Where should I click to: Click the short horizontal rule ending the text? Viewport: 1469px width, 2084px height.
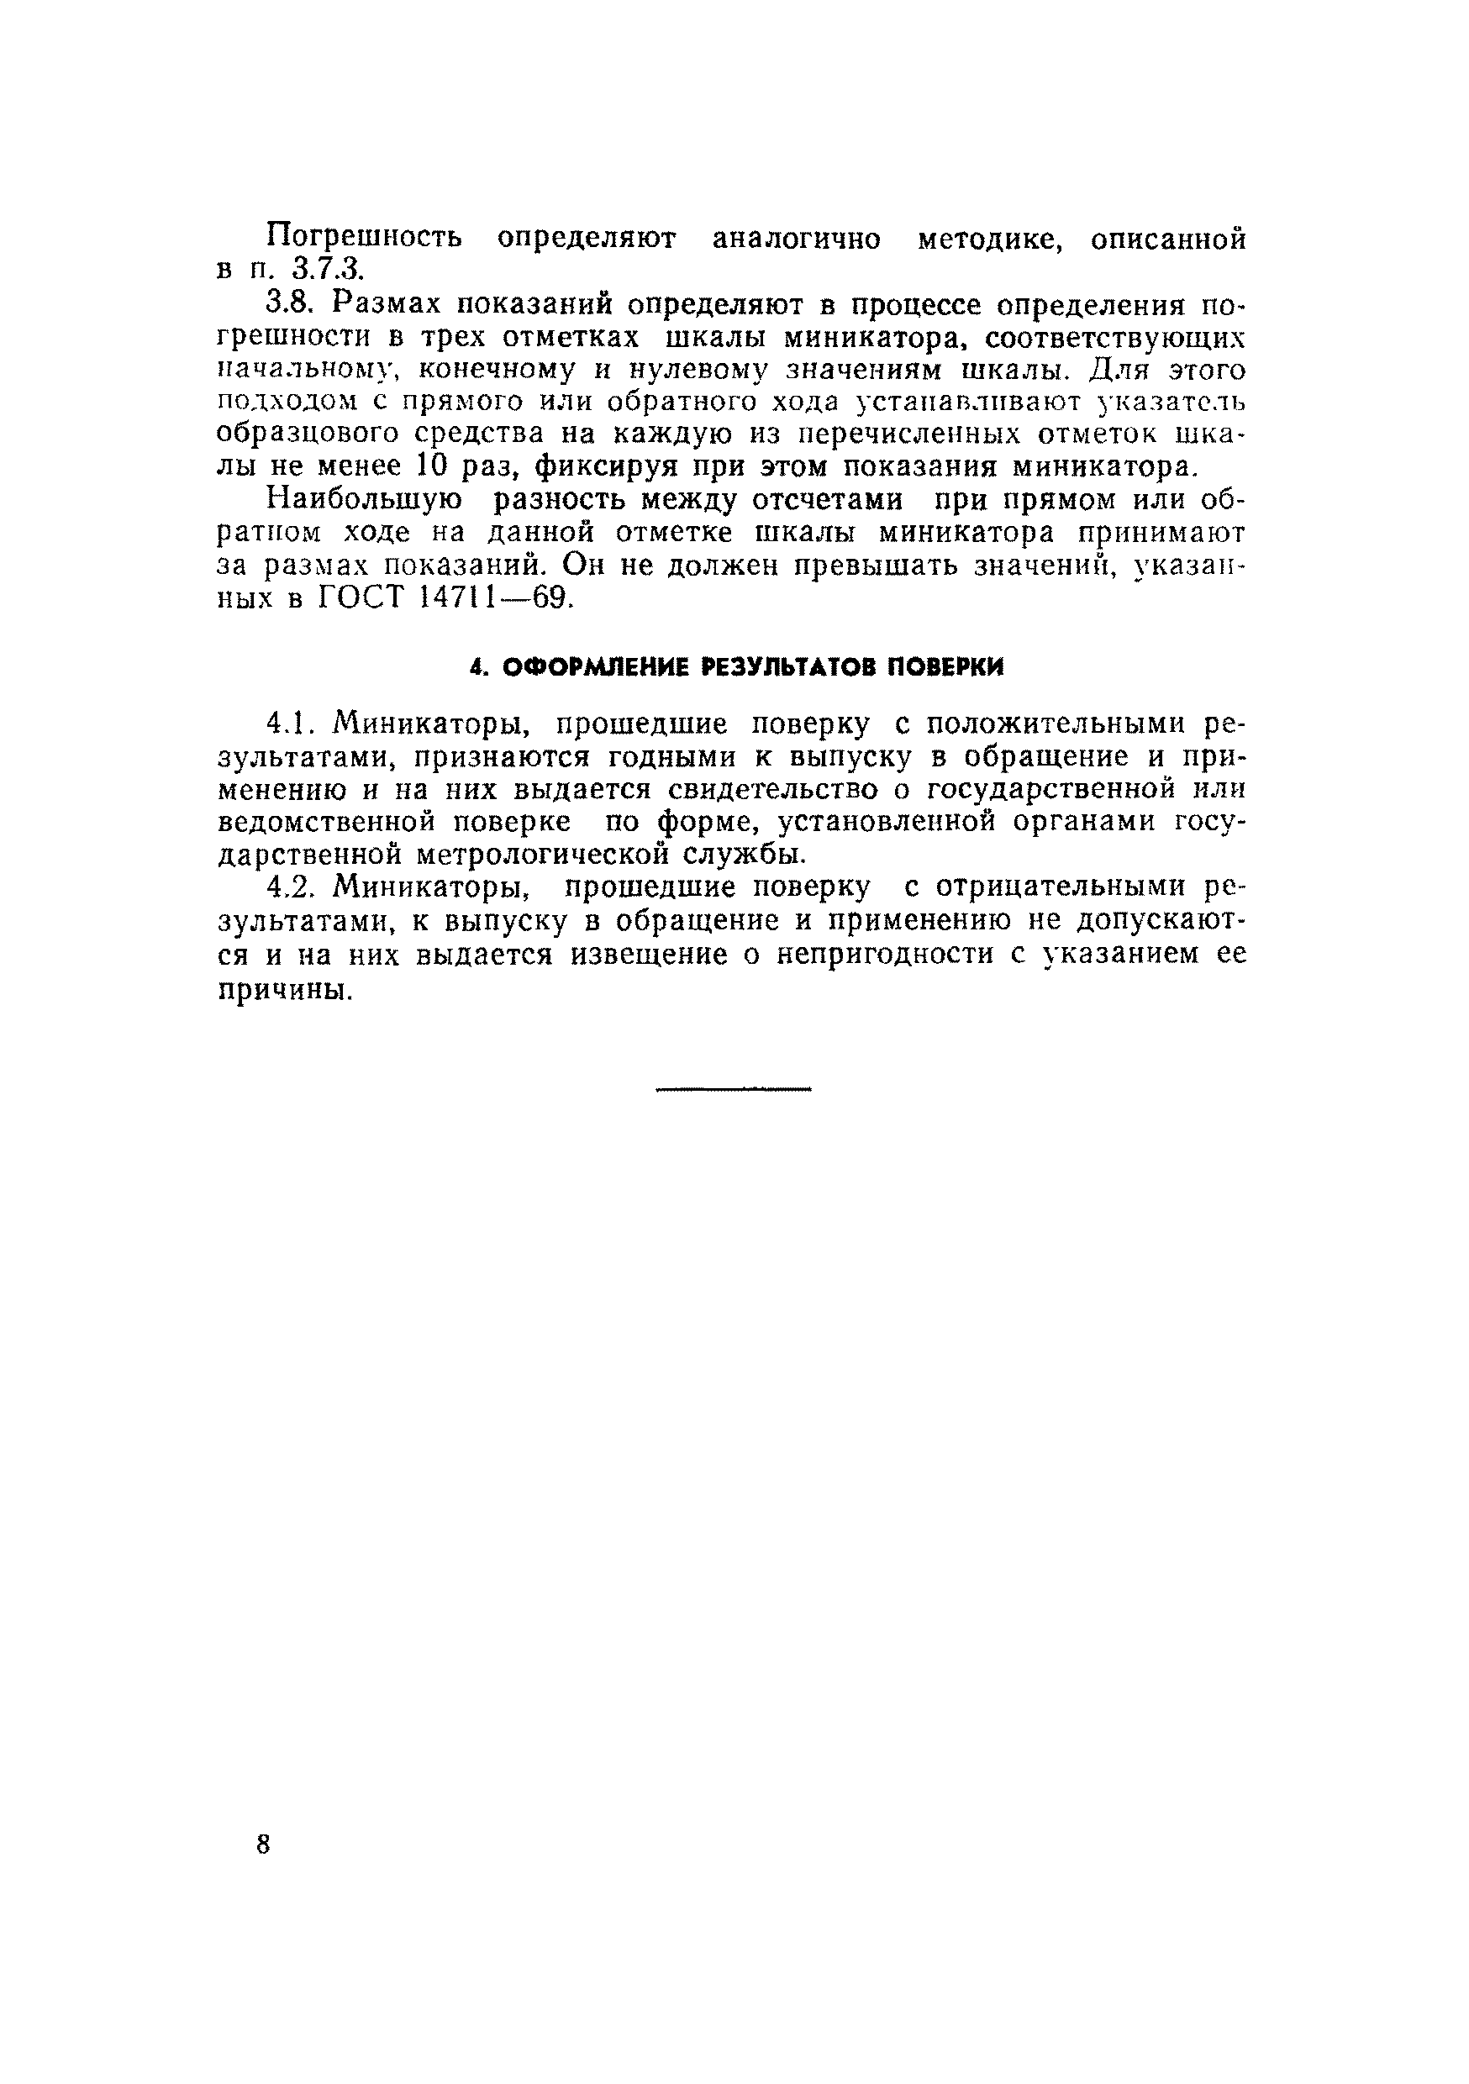tap(733, 1088)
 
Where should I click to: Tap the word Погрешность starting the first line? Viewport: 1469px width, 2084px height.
tap(364, 239)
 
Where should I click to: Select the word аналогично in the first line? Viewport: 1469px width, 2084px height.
tap(795, 239)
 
